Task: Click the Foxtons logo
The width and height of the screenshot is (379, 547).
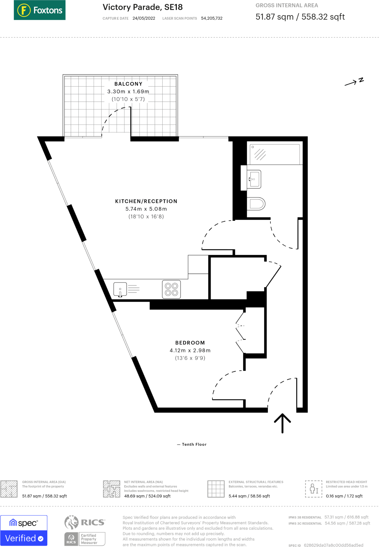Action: (39, 10)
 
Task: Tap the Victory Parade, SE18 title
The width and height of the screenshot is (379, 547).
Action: (142, 7)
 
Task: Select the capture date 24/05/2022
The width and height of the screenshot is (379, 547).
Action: (144, 18)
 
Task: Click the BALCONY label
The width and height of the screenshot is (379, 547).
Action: (128, 84)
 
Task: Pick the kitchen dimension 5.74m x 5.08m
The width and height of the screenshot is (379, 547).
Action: (146, 209)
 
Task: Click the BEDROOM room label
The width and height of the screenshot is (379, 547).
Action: (190, 343)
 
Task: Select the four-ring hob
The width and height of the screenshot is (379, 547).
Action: (171, 289)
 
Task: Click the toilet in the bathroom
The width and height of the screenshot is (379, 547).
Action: (257, 204)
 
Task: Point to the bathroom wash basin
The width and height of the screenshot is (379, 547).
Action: (254, 179)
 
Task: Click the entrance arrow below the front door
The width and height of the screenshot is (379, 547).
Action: (282, 423)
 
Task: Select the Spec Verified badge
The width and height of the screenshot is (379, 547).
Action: (24, 530)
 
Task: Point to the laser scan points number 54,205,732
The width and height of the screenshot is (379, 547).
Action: (212, 18)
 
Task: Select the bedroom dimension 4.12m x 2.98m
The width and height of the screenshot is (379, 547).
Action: (190, 350)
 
